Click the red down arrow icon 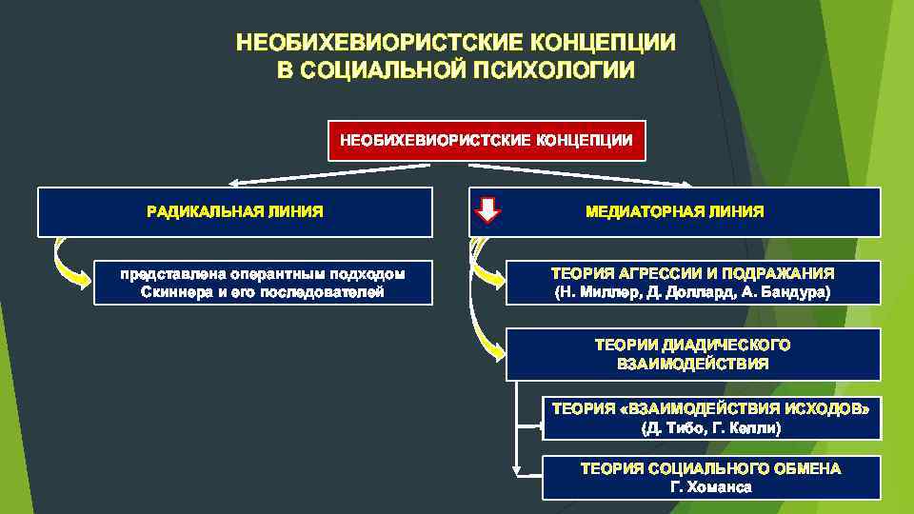point(487,210)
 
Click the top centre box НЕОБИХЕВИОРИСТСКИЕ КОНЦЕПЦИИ point(486,141)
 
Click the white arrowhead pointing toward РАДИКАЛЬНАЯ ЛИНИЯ point(234,184)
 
